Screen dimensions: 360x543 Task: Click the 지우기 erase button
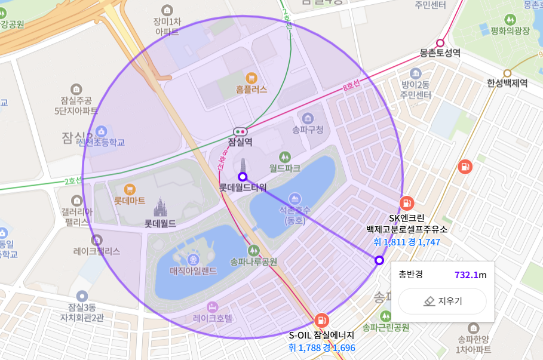[x=443, y=301]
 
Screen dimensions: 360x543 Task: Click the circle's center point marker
[x=243, y=177]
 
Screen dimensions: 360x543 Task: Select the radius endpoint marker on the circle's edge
[x=379, y=260]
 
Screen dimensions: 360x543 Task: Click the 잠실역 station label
[x=241, y=142]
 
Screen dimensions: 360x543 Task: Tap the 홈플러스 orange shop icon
[x=251, y=78]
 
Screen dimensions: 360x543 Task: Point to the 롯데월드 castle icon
[x=159, y=207]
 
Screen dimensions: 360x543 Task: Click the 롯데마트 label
[x=130, y=201]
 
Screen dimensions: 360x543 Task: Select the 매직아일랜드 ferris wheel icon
[x=193, y=260]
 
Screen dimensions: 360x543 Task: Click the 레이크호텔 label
[x=213, y=318]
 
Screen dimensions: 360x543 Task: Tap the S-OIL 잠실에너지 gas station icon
[x=321, y=319]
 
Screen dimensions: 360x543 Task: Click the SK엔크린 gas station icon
[x=406, y=203]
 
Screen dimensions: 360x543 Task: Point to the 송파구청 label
[x=308, y=129]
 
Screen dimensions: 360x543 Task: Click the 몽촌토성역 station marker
[x=441, y=42]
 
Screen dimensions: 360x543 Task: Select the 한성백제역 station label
[x=507, y=83]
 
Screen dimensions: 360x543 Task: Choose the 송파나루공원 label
[x=254, y=261]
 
